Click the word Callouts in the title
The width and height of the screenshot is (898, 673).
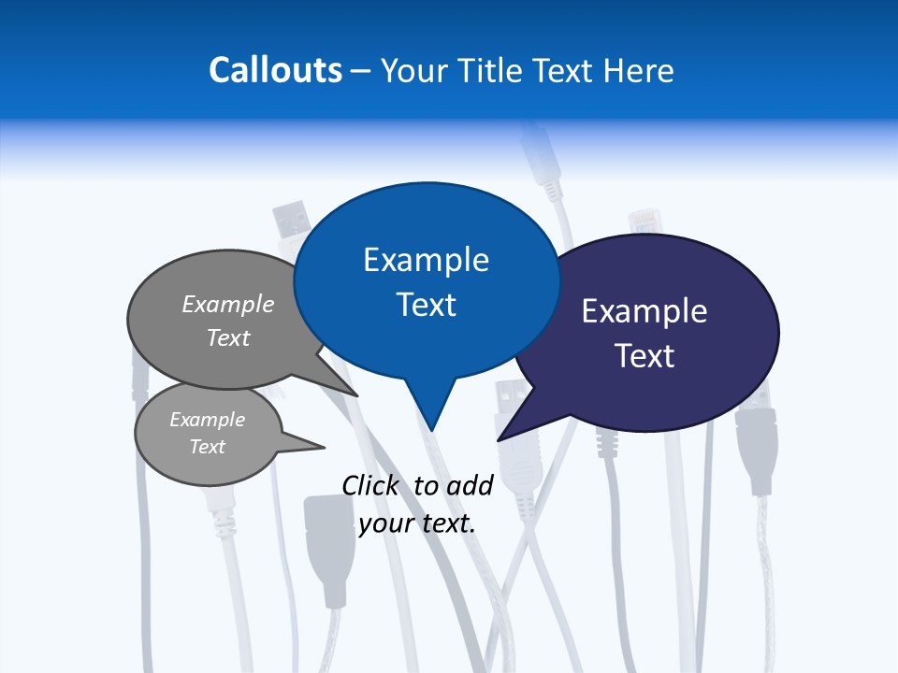275,70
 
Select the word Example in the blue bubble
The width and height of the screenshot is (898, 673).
426,260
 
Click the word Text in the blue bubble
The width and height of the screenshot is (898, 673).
426,305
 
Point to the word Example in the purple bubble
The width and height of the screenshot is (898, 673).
645,311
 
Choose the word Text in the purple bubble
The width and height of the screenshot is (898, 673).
645,356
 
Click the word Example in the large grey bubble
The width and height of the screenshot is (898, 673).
228,304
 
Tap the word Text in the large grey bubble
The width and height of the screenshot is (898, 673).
228,337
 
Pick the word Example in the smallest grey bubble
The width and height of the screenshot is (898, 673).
208,420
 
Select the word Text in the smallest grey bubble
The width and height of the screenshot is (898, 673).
208,447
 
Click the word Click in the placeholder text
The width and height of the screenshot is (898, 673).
369,485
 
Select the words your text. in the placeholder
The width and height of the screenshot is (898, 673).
417,523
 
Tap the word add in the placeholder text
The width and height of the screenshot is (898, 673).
470,485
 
